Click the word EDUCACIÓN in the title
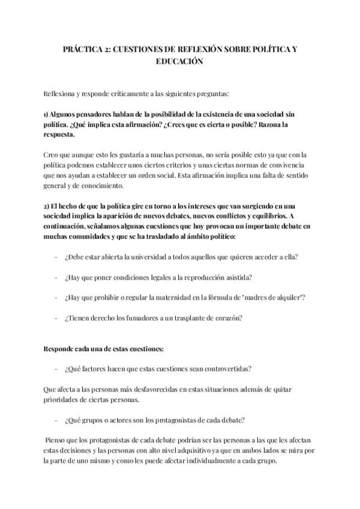[x=180, y=61]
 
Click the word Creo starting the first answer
[x=52, y=154]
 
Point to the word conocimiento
[x=96, y=186]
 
